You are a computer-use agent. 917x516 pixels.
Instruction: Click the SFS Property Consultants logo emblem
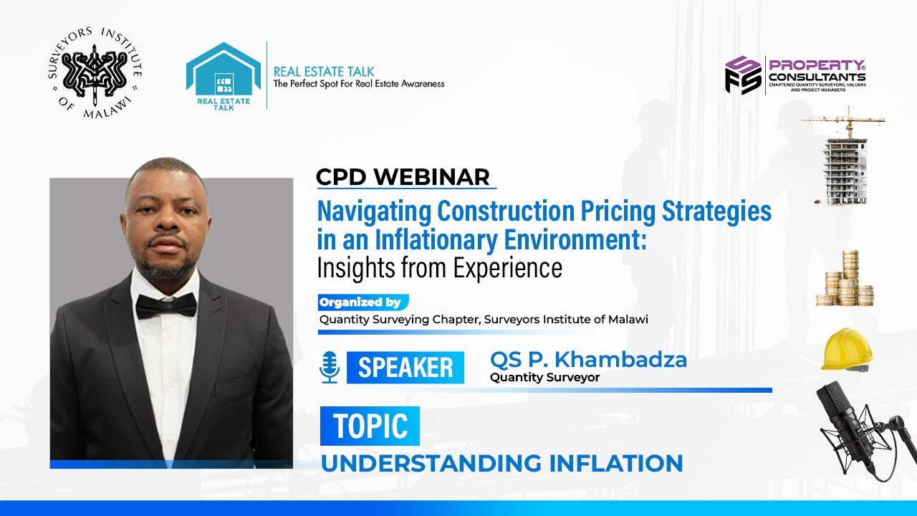coord(742,75)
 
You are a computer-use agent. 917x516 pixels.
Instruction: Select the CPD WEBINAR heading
coord(404,177)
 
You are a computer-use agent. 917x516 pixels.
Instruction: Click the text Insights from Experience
coord(439,267)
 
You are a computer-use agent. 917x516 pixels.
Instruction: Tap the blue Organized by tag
coord(363,302)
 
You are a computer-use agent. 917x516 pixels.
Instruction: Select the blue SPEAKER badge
coord(405,368)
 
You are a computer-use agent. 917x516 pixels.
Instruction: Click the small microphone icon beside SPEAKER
coord(330,367)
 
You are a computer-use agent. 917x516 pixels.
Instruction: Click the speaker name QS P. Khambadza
coord(587,360)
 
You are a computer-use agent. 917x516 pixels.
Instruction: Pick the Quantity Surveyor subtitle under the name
coord(544,378)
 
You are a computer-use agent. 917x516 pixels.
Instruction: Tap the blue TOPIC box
coord(370,426)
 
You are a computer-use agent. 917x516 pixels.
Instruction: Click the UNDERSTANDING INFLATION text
coord(501,463)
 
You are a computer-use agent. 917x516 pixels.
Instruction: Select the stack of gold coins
coord(845,281)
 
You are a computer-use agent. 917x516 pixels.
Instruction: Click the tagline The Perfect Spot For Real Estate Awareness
coord(359,84)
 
